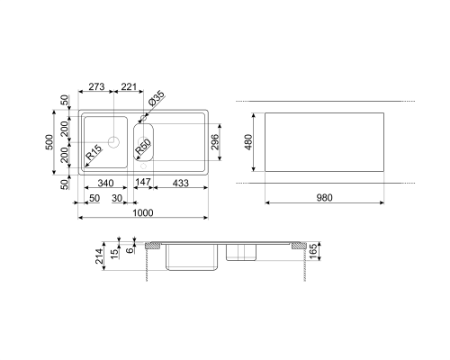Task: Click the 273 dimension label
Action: click(96, 86)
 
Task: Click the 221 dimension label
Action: click(129, 86)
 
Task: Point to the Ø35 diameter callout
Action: click(157, 98)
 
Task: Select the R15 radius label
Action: click(94, 152)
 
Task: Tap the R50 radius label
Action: click(142, 147)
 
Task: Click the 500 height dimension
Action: click(49, 142)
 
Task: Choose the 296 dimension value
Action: click(215, 142)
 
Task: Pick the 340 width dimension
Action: click(105, 183)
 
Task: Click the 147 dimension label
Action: click(143, 182)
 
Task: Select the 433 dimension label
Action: click(181, 183)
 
